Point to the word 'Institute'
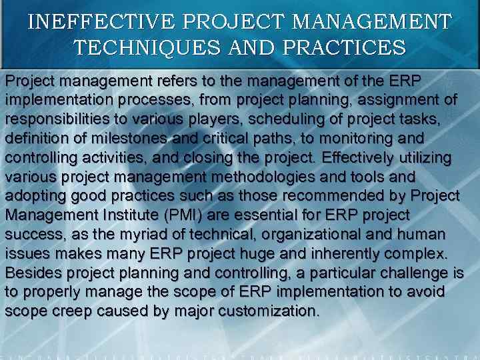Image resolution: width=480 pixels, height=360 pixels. coord(128,216)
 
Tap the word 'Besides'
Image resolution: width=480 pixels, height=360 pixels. coord(31,274)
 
